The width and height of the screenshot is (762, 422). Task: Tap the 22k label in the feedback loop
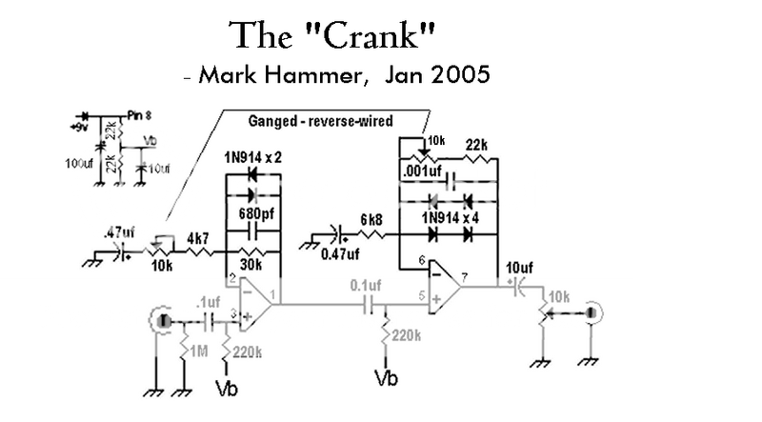476,144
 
